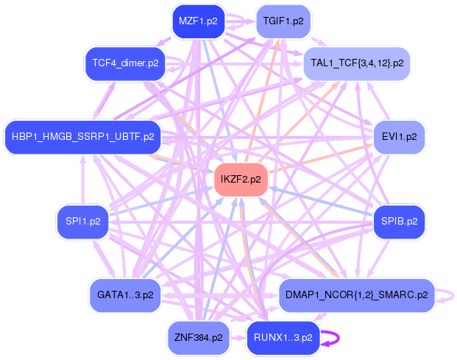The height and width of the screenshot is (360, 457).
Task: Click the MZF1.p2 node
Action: pyautogui.click(x=198, y=21)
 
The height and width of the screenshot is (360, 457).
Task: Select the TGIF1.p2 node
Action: pyautogui.click(x=283, y=21)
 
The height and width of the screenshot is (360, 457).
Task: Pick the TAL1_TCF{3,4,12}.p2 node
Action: pyautogui.click(x=357, y=63)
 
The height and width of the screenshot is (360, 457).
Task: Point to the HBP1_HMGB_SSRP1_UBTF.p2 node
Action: pyautogui.click(x=82, y=137)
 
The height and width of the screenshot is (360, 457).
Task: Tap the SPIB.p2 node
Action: pyautogui.click(x=400, y=221)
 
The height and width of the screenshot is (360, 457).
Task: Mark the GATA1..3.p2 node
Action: pyautogui.click(x=125, y=295)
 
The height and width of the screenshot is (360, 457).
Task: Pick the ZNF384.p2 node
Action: pyautogui.click(x=198, y=338)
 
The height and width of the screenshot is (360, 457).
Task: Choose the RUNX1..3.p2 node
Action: pyautogui.click(x=283, y=338)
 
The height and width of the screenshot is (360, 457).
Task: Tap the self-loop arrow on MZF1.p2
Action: pyautogui.click(x=237, y=20)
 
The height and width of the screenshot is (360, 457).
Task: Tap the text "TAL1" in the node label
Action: pyautogui.click(x=322, y=63)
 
